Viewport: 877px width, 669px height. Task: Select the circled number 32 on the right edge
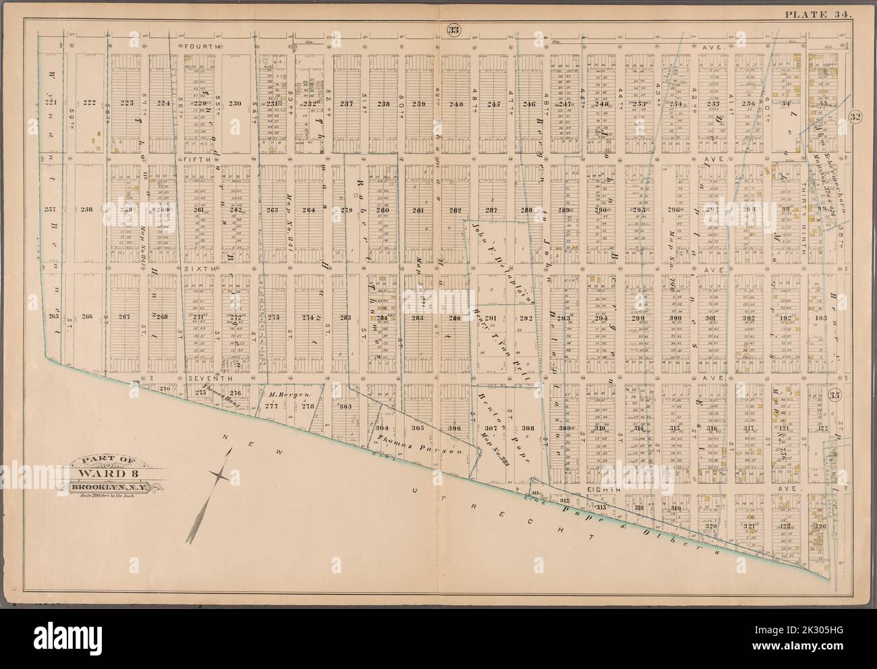click(x=855, y=116)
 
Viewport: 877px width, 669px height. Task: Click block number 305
click(x=417, y=428)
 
